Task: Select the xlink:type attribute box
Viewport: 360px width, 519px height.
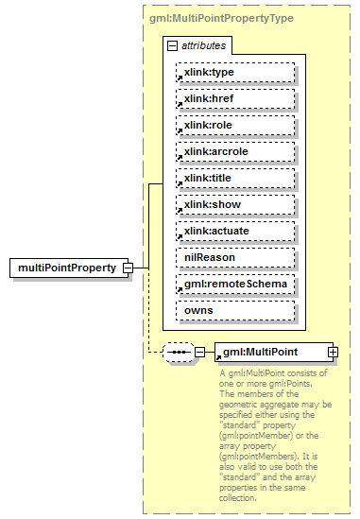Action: coord(235,72)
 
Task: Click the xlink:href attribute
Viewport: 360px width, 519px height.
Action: coord(235,98)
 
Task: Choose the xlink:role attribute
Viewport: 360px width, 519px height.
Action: coord(235,125)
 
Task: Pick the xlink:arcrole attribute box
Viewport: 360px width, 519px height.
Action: coord(235,151)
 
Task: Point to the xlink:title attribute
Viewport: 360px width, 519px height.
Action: coord(235,178)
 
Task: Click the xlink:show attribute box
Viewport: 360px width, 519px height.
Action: coord(235,204)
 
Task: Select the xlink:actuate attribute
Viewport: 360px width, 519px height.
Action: coord(235,231)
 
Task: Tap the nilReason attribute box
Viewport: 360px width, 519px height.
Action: coord(235,257)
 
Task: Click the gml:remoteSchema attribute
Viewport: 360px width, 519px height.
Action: coord(235,284)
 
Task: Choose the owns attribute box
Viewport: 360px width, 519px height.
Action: coord(235,310)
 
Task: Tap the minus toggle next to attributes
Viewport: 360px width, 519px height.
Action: coord(172,45)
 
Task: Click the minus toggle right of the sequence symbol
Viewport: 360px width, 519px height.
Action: coord(198,353)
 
